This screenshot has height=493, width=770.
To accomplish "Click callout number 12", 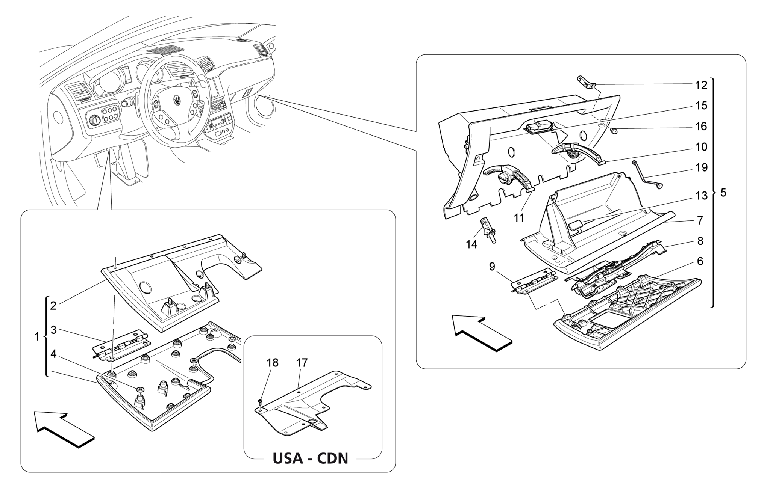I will point(701,85).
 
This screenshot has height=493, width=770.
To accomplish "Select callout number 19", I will point(701,167).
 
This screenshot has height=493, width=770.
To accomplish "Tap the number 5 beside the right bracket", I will point(723,193).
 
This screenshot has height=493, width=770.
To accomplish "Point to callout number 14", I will point(471,244).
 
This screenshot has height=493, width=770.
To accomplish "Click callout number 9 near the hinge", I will point(492,267).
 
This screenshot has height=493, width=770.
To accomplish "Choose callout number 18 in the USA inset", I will point(273,363).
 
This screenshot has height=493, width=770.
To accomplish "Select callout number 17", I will point(302,363).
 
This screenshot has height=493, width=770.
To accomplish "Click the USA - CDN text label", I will point(310,458).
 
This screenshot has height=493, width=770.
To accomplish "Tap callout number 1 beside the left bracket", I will point(37,337).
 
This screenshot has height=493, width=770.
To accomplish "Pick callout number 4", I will point(53,354).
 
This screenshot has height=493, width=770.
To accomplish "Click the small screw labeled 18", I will point(260,403).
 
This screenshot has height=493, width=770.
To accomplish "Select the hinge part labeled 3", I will point(121,345).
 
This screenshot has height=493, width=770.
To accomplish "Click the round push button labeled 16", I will point(615,131).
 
